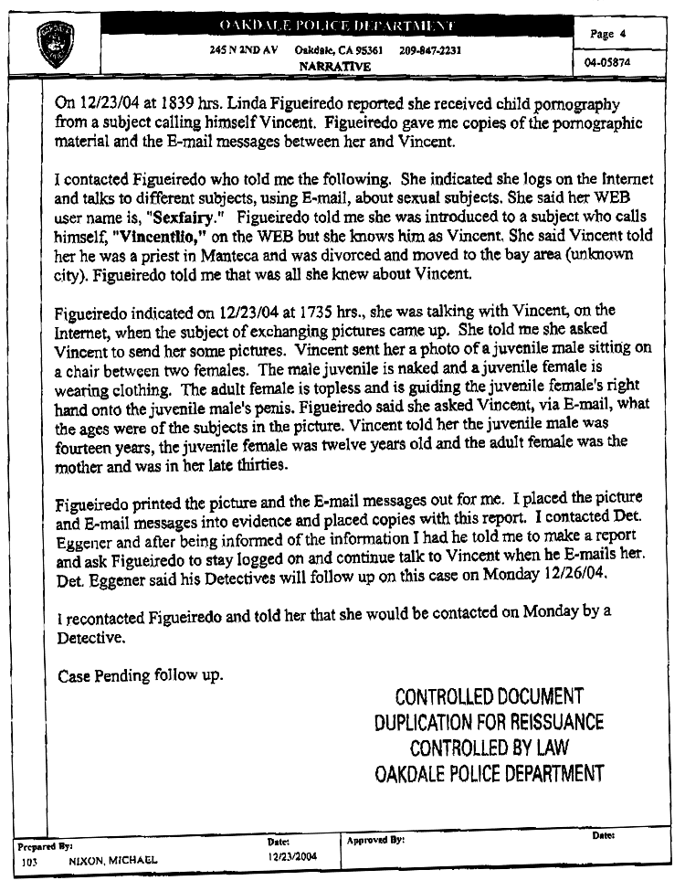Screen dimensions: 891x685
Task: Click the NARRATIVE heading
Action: click(335, 67)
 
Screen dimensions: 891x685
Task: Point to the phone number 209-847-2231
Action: click(430, 50)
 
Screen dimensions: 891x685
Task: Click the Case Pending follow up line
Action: click(140, 677)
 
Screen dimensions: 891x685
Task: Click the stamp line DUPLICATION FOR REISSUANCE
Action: click(489, 723)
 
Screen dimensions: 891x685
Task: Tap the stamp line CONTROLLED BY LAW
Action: click(489, 748)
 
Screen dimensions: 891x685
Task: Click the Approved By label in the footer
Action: click(376, 839)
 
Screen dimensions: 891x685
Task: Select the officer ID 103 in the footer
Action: click(29, 860)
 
